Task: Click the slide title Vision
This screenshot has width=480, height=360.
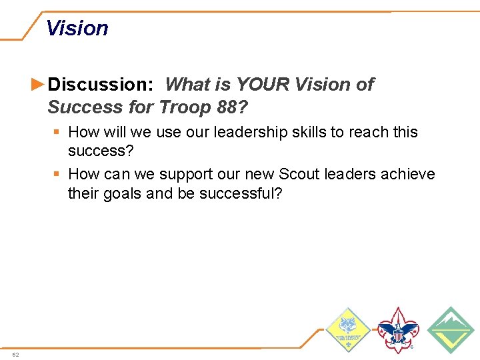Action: click(x=77, y=29)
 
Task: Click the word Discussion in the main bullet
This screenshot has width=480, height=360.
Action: click(x=100, y=85)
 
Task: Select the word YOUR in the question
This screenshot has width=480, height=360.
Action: click(x=263, y=85)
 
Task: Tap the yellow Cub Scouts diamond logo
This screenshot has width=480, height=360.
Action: click(x=347, y=330)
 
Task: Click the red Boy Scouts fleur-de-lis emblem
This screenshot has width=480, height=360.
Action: click(x=398, y=329)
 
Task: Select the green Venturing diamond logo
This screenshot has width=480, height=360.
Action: click(x=450, y=329)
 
